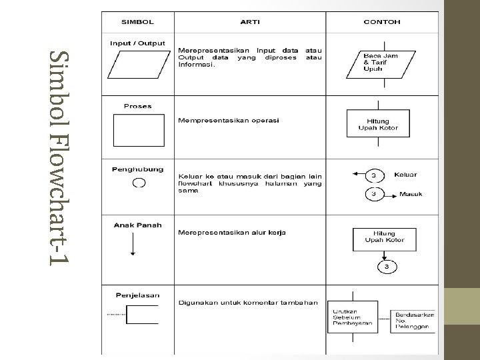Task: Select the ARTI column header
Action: pos(249,21)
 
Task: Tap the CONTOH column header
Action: pos(382,21)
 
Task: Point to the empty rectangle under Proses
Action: pos(139,130)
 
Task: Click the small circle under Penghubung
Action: pos(139,182)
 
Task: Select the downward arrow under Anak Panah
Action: pos(134,245)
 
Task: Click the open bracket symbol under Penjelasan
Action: pos(141,314)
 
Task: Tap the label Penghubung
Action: pos(139,169)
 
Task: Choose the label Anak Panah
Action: pos(138,225)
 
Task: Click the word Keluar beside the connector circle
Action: pos(406,175)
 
